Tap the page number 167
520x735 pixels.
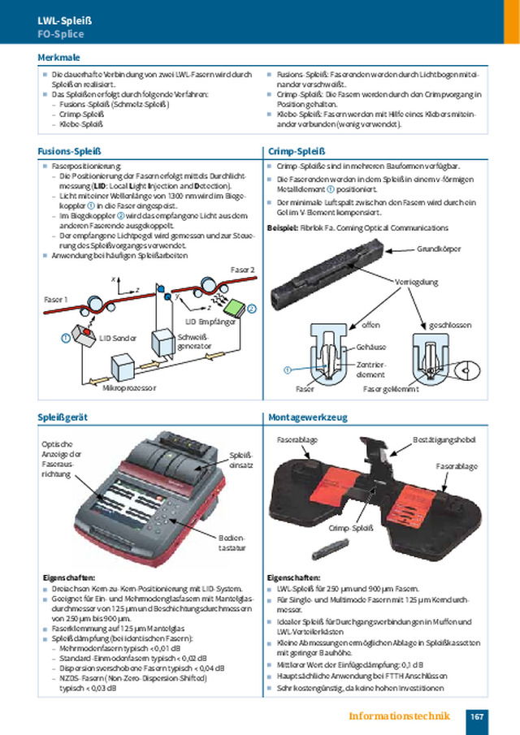pyautogui.click(x=477, y=716)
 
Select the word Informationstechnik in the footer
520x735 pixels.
pyautogui.click(x=399, y=716)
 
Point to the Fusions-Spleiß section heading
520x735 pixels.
pyautogui.click(x=69, y=150)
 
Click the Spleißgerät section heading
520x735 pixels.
pyautogui.click(x=63, y=417)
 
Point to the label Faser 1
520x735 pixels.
pyautogui.click(x=54, y=299)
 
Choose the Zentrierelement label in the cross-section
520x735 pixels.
pyautogui.click(x=370, y=370)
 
